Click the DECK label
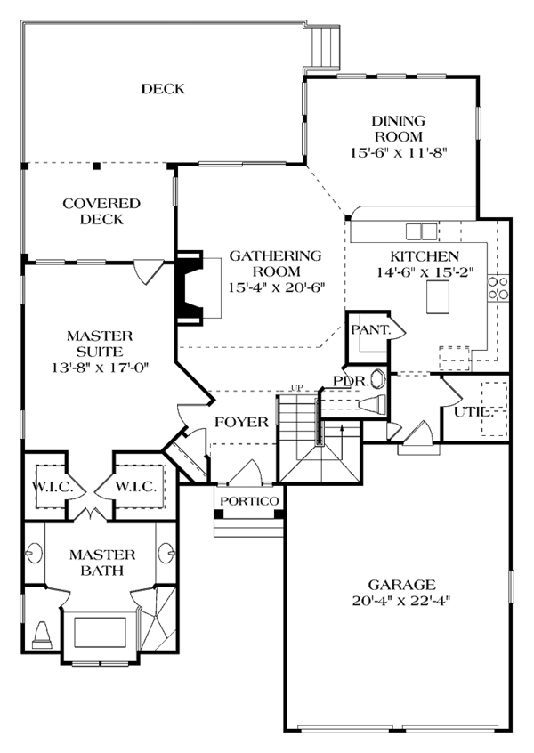(163, 89)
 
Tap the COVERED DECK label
(101, 211)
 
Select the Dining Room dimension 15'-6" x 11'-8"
(400, 153)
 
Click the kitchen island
(438, 296)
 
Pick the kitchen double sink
(422, 231)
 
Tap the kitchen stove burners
(498, 288)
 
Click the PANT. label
(370, 329)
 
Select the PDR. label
(351, 381)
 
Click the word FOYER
(241, 422)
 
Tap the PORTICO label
(249, 501)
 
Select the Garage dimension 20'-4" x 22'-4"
(401, 601)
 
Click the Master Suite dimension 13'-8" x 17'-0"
(101, 368)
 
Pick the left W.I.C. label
(53, 487)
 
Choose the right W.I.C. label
(136, 487)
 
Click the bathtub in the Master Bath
(100, 633)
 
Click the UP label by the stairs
(297, 387)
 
